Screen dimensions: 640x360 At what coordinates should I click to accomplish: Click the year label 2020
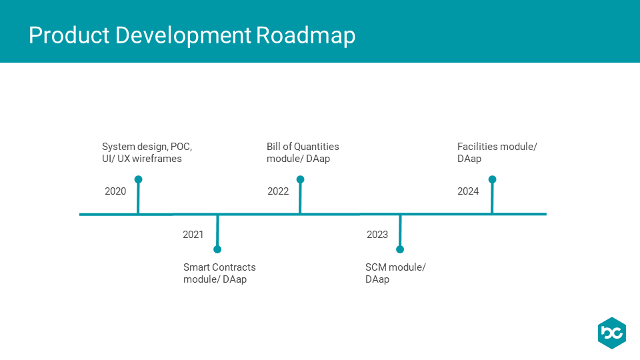115,191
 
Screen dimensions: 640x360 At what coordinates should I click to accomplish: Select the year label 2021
193,234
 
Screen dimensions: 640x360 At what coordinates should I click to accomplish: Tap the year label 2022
278,191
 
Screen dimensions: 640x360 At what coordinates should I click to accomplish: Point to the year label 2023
377,234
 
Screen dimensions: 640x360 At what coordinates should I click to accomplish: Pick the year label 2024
468,191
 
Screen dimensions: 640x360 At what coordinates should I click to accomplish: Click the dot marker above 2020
139,179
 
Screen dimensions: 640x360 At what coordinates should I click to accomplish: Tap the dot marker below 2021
217,249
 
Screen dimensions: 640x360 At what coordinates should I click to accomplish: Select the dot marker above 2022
301,179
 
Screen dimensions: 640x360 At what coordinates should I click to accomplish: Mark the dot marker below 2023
400,249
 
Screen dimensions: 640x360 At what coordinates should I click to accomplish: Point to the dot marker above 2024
492,179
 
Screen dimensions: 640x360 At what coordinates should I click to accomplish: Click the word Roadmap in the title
306,36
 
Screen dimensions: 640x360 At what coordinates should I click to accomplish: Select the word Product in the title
69,35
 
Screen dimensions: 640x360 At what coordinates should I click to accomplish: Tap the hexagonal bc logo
612,333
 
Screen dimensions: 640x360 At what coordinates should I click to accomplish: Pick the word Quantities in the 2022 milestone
317,147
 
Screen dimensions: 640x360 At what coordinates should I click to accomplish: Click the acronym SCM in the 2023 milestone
376,267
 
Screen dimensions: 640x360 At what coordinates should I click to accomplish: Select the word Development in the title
183,36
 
